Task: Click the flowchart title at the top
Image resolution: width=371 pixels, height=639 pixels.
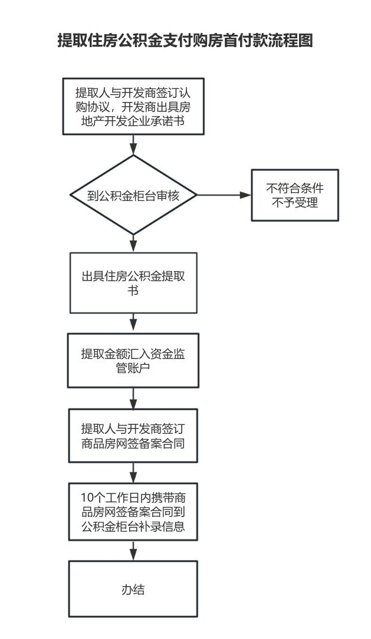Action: click(185, 41)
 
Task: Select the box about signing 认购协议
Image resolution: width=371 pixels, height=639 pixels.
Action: click(133, 106)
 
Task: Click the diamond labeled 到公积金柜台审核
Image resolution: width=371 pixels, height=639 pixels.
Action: click(133, 195)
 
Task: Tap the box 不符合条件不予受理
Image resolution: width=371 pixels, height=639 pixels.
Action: click(295, 195)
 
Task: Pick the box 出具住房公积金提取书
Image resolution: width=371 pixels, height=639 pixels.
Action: click(133, 283)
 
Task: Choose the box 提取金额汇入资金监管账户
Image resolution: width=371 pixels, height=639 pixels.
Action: click(133, 360)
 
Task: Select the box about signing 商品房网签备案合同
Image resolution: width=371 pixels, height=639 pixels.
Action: click(133, 436)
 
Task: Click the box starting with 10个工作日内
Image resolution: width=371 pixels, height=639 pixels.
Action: click(133, 512)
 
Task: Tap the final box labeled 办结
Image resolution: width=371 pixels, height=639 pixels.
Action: click(133, 589)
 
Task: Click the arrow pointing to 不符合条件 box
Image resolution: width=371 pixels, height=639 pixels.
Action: click(224, 195)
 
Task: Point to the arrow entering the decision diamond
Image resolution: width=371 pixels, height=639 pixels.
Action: click(133, 144)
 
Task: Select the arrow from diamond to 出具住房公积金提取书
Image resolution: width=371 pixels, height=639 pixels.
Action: click(133, 243)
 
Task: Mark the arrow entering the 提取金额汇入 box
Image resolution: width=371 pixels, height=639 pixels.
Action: click(133, 323)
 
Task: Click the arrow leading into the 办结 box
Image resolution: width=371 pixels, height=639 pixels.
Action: click(133, 551)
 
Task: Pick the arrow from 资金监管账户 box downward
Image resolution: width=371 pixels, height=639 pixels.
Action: click(133, 398)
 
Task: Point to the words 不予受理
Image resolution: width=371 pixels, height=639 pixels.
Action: click(295, 203)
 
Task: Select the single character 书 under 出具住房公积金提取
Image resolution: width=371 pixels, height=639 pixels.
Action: click(133, 291)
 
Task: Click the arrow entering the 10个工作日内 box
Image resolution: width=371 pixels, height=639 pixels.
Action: click(133, 473)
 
